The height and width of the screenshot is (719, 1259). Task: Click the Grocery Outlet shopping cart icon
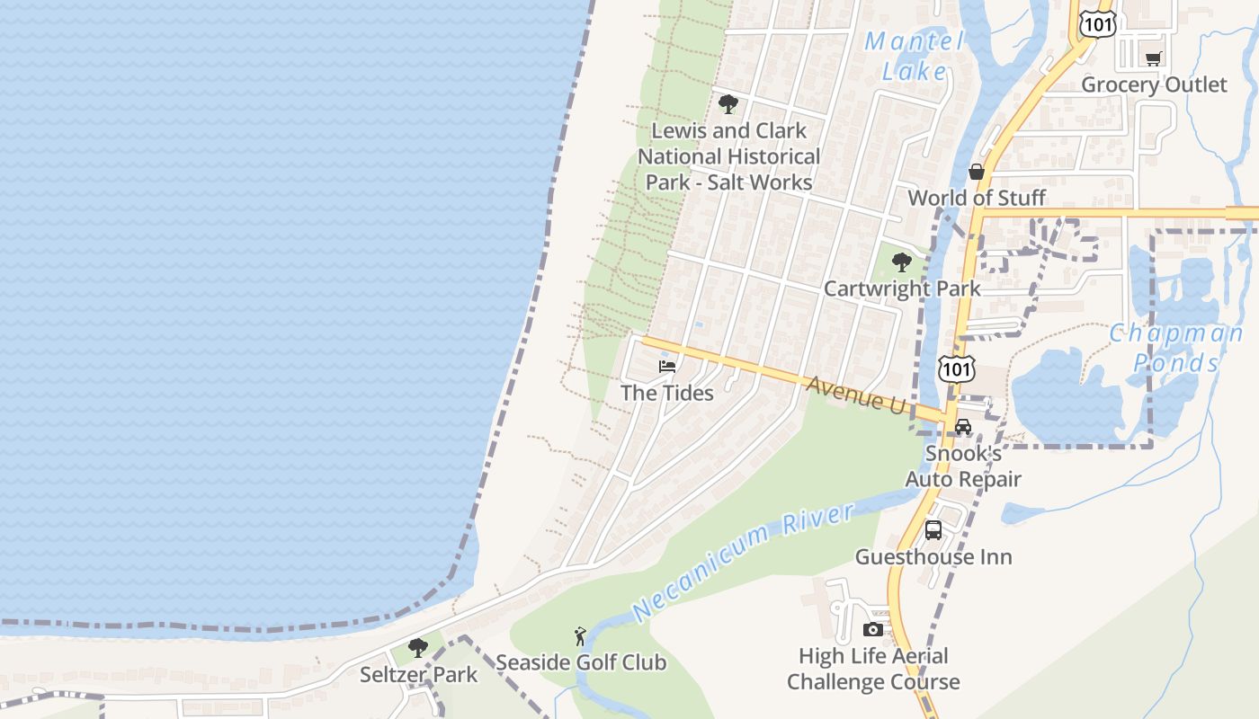click(1153, 59)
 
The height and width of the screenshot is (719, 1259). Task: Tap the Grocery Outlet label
click(1154, 84)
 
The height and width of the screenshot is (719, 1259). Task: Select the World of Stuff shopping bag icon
click(977, 173)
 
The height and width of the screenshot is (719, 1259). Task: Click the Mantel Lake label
click(914, 56)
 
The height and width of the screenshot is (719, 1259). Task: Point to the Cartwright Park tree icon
click(901, 263)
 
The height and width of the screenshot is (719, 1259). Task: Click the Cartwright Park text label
click(902, 288)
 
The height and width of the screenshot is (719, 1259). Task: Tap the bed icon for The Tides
click(667, 367)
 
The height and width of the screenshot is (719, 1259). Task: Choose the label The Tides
click(667, 393)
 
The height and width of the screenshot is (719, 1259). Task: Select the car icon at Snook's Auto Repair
click(963, 427)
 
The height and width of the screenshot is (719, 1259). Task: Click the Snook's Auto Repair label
click(963, 466)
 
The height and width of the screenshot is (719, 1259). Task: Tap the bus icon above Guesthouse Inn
click(933, 530)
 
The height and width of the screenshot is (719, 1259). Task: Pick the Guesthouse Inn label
click(933, 556)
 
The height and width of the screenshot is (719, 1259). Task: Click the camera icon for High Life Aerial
click(872, 630)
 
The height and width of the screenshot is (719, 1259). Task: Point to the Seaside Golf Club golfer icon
click(581, 637)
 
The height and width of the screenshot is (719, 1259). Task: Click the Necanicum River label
click(743, 563)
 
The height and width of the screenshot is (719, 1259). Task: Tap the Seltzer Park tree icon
click(417, 648)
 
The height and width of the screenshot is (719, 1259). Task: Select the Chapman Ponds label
click(1175, 348)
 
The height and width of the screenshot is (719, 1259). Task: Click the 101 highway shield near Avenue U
click(955, 368)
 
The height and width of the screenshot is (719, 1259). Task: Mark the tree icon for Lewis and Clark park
click(728, 104)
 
